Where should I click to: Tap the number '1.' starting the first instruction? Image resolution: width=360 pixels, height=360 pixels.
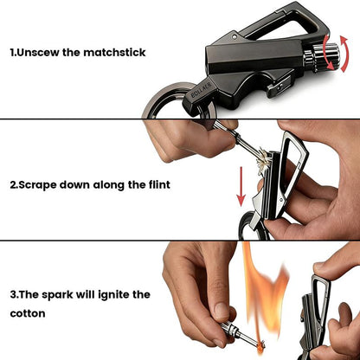(15, 53)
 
